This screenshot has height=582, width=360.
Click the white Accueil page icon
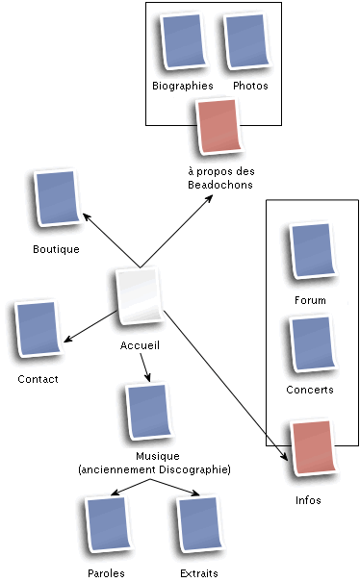click(x=140, y=299)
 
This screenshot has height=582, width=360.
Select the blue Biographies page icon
click(x=182, y=42)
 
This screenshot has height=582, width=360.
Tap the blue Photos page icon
click(x=246, y=42)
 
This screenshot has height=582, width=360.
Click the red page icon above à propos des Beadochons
click(x=218, y=127)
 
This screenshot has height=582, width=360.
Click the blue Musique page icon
click(x=148, y=414)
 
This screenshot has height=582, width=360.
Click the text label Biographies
click(x=182, y=86)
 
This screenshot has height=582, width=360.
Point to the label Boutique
click(x=56, y=249)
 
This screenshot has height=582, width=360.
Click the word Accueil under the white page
click(x=140, y=345)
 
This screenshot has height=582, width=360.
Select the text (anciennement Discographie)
click(x=154, y=469)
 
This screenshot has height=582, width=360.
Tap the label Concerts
click(x=310, y=390)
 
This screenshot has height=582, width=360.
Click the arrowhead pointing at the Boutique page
click(x=86, y=215)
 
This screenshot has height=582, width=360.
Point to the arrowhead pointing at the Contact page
click(x=65, y=339)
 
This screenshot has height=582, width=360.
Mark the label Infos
click(x=308, y=500)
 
